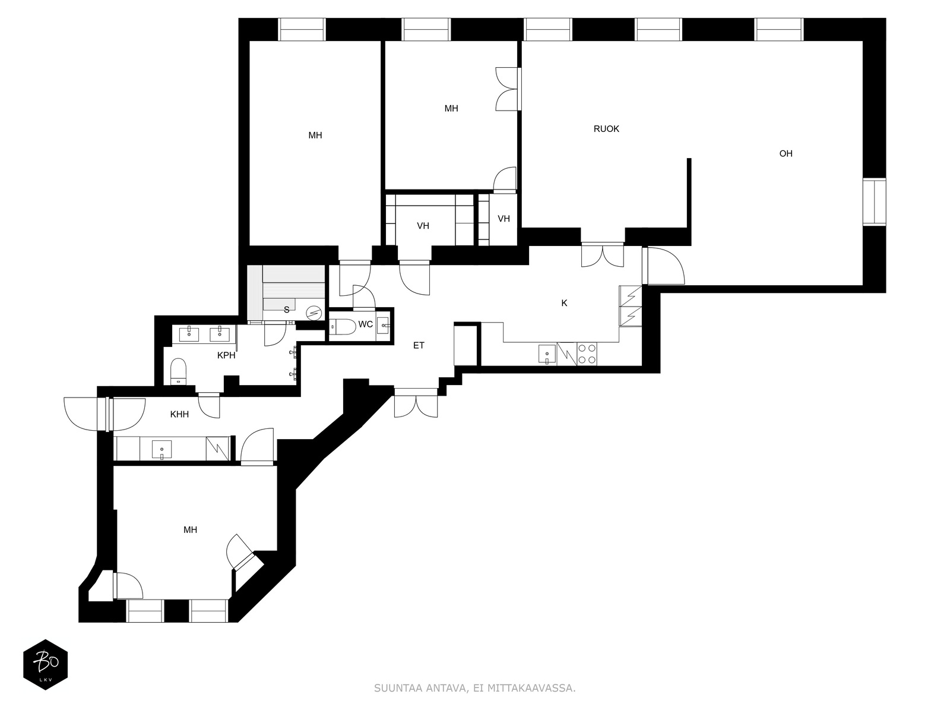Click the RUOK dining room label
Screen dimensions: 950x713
606,128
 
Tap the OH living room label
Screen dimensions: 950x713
786,153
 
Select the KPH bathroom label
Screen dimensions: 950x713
226,355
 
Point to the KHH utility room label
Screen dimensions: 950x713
179,414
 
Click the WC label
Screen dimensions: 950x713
365,324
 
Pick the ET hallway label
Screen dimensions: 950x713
419,345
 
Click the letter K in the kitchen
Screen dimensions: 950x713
564,303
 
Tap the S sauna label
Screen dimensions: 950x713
286,310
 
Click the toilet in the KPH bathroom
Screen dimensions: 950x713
178,371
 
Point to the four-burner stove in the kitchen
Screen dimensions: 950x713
587,354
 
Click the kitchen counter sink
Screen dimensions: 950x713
547,354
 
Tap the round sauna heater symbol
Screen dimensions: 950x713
314,313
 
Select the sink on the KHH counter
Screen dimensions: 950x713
161,450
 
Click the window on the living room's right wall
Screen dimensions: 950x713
874,202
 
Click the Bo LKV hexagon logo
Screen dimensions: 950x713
46,664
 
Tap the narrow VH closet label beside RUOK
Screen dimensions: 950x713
503,219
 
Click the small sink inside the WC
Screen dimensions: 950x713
383,325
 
